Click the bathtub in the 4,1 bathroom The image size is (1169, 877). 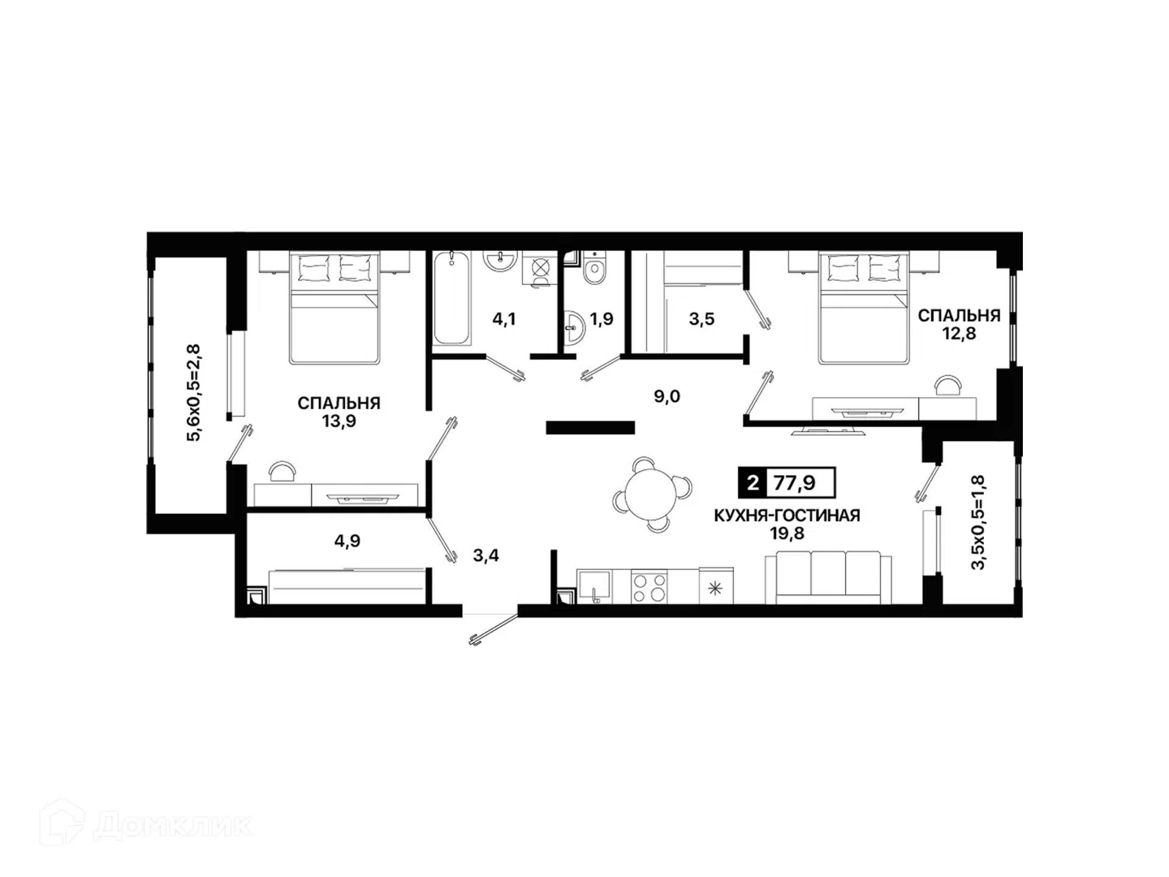(x=451, y=298)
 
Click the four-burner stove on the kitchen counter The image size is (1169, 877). (x=648, y=586)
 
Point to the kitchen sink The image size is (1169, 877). (x=594, y=587)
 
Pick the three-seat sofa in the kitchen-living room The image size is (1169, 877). (x=828, y=577)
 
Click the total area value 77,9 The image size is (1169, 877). (x=794, y=483)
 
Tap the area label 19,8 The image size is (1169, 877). (x=787, y=534)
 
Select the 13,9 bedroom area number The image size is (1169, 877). (x=339, y=421)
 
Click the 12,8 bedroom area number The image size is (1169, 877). (x=960, y=333)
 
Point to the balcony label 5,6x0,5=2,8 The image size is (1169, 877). (x=192, y=393)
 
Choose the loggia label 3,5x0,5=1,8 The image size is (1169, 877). (x=978, y=523)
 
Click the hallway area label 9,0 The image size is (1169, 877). (x=666, y=397)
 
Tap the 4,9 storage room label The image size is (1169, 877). (x=347, y=541)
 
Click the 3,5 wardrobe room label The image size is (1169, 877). (x=701, y=319)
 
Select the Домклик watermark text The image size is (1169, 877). (x=173, y=826)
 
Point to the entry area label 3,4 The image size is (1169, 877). (x=485, y=556)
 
